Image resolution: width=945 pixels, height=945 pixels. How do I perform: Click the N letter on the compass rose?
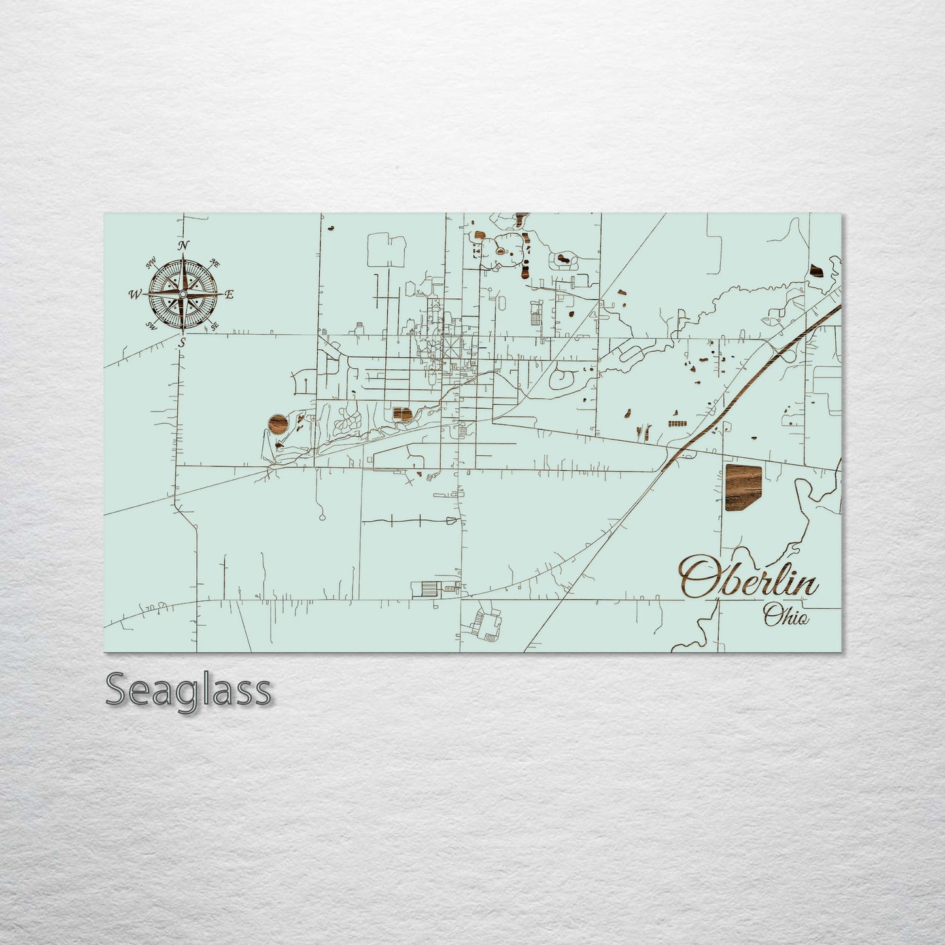point(184,245)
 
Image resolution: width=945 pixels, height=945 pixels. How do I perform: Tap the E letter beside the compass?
point(229,294)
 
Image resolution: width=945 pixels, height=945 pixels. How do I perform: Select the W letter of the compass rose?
point(136,295)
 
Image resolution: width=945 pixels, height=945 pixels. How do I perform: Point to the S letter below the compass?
point(183,341)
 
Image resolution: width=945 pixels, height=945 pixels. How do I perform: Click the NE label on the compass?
point(214,263)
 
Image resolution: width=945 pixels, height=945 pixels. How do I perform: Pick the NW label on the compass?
point(152,264)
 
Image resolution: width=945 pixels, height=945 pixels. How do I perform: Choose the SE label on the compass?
point(214,325)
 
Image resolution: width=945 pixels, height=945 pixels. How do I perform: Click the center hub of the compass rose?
point(182,295)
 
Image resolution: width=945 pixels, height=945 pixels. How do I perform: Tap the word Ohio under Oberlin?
point(785,616)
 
